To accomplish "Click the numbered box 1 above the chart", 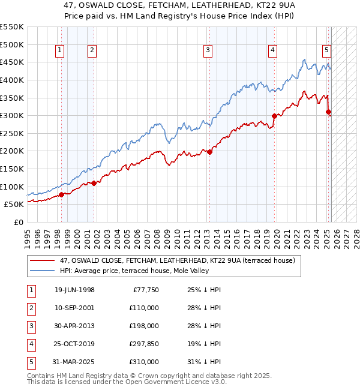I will [61, 51].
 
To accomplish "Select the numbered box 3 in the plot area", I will [208, 51].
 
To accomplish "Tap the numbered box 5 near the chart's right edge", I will [326, 51].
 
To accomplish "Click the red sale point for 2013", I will [210, 152].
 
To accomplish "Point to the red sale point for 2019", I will [274, 116].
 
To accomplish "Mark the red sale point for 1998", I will [61, 194].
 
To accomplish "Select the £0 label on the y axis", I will [18, 222].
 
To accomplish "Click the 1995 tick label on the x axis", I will [28, 235].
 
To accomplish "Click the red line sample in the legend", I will [43, 261].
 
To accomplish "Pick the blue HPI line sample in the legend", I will [43, 271].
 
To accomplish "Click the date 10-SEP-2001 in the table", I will [74, 307].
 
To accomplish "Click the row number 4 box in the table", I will [31, 344].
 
